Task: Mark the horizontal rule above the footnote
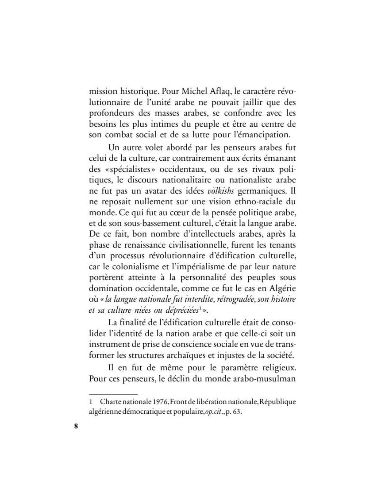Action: (x=113, y=394)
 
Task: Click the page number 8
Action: (x=76, y=427)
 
